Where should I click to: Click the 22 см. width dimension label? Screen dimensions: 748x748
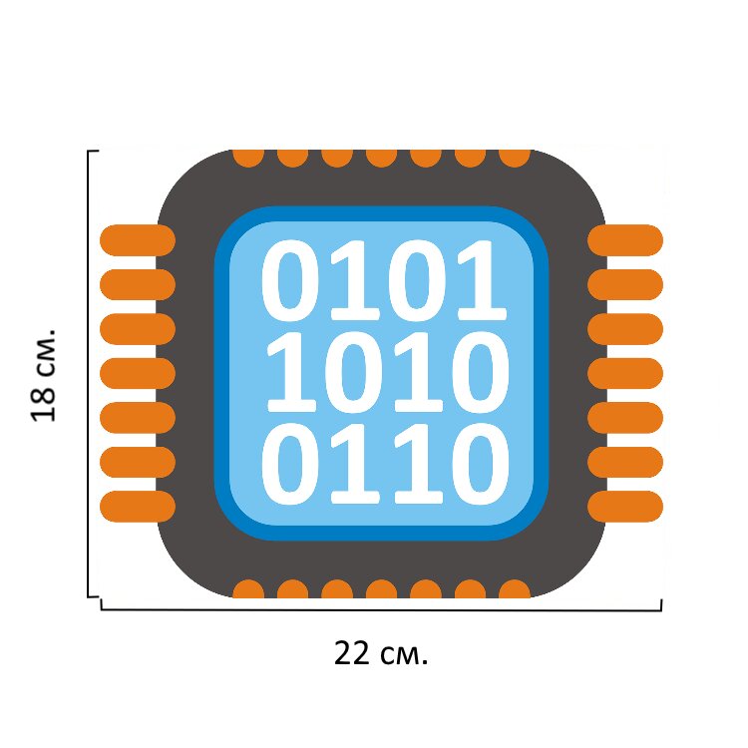tap(380, 654)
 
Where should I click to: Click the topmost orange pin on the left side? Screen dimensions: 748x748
tap(138, 240)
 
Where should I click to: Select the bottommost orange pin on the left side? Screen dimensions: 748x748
tap(138, 507)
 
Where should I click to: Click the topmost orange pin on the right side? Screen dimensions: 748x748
tap(625, 240)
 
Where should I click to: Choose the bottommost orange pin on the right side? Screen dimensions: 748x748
tap(625, 507)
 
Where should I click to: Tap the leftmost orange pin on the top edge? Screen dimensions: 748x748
tap(248, 157)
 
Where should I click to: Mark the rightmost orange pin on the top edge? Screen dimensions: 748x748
tap(515, 157)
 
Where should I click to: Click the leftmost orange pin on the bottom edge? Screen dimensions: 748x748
tap(248, 589)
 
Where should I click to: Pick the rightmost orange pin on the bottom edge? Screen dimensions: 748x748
tap(515, 589)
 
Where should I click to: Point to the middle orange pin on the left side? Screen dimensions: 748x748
tap(138, 373)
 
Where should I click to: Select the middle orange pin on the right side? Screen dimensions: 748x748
tap(625, 373)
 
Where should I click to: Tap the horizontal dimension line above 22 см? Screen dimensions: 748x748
tap(382, 607)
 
